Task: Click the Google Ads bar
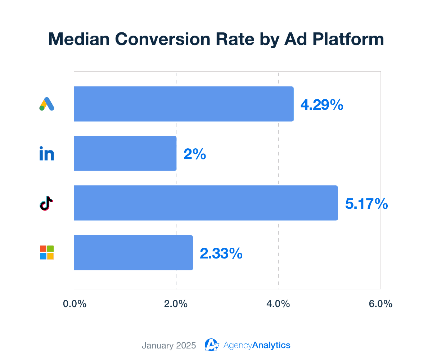[184, 104]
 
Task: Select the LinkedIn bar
[125, 153]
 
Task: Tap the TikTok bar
[206, 203]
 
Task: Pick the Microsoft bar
[133, 253]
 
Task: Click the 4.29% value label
[322, 105]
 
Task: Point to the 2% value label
[195, 155]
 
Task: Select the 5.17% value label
[366, 204]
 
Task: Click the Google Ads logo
[47, 104]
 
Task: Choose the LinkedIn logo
[47, 154]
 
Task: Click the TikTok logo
[46, 203]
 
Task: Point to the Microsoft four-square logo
[47, 252]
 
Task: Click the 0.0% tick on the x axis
[75, 304]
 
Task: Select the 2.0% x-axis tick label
[176, 304]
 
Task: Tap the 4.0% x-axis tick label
[278, 304]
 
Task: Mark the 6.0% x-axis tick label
[380, 304]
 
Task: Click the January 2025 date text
[169, 346]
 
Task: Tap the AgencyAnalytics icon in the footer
[212, 345]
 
